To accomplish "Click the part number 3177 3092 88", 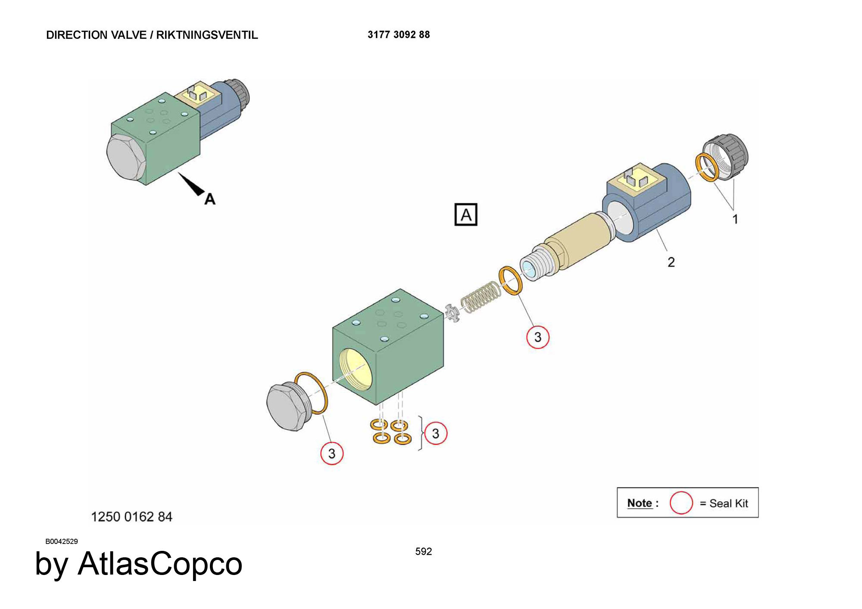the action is click(399, 34).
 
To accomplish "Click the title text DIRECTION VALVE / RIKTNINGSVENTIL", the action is click(152, 35).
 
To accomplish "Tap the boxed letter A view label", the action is click(466, 214).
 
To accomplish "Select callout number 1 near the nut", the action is click(735, 219).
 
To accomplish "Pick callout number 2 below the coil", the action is click(671, 262).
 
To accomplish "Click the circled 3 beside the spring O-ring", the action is click(537, 337).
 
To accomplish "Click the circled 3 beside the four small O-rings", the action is click(435, 433).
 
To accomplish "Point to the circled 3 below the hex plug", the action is click(331, 453).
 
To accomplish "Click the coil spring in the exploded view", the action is click(481, 296).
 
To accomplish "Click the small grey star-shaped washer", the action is click(452, 313).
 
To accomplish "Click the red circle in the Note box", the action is click(681, 503).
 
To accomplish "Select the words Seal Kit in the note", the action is click(729, 503).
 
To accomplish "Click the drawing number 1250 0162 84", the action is click(131, 517).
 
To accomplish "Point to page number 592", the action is click(424, 552).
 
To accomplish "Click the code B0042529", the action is click(62, 541).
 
